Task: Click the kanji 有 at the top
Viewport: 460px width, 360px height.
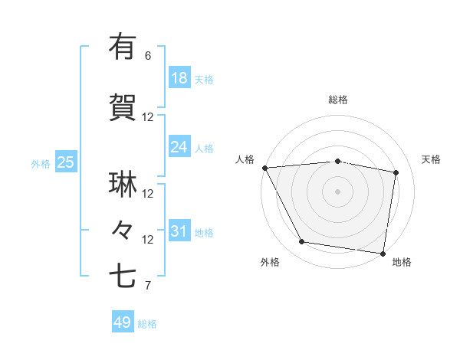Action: [123, 47]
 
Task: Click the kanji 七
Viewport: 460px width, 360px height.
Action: [123, 277]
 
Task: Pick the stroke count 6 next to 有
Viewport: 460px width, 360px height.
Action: [148, 56]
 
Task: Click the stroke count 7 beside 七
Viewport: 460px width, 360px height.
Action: [148, 286]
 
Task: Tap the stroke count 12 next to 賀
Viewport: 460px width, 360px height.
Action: [148, 117]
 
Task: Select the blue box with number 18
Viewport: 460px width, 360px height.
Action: [179, 78]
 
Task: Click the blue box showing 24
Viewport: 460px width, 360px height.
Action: [179, 147]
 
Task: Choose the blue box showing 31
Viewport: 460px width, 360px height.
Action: [179, 231]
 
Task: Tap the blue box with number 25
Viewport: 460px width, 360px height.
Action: [65, 162]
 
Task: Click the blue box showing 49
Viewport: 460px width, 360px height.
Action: [122, 322]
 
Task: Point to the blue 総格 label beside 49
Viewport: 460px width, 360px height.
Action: [147, 324]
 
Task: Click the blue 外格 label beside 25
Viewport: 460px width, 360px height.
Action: [41, 163]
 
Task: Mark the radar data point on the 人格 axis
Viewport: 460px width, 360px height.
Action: [264, 168]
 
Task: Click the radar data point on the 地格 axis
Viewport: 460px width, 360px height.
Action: [383, 252]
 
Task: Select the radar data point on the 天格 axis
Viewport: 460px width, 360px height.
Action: [396, 173]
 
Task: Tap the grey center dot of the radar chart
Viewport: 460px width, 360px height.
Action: [338, 191]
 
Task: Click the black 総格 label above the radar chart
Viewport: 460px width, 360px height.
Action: [338, 100]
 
